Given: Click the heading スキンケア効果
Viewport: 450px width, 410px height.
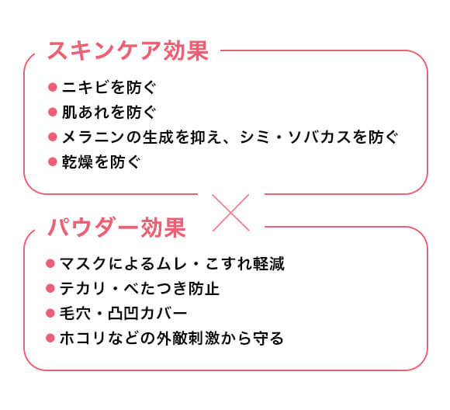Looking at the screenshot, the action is click(128, 50).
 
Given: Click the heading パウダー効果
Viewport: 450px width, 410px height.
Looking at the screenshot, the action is click(116, 228).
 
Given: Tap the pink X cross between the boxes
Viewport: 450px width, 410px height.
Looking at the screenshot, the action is click(230, 213).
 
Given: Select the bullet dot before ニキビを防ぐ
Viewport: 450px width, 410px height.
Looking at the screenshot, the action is click(53, 87).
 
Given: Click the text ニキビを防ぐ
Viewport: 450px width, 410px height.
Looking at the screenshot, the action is click(109, 87).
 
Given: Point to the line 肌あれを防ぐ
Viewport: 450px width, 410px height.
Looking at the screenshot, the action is click(109, 112).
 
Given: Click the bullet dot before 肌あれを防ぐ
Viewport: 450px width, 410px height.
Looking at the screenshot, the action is click(53, 112).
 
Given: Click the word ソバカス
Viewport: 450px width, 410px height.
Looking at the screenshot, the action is click(319, 137).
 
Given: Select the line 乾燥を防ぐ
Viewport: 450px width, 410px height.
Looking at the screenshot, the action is click(101, 162).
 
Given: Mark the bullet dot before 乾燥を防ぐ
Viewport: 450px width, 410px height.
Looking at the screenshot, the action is click(53, 162).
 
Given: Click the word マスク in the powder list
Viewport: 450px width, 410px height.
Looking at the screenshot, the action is click(83, 263).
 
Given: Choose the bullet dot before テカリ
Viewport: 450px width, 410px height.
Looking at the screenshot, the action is click(50, 288).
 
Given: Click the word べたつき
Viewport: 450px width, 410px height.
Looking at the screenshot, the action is click(155, 288).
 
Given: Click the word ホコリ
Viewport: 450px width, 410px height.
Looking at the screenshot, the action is click(83, 338).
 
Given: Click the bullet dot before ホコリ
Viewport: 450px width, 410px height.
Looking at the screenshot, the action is click(50, 338).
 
